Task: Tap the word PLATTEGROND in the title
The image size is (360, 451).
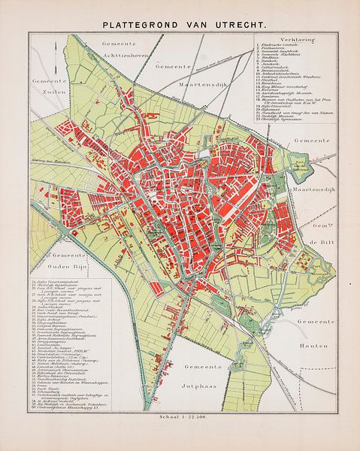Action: click(141, 24)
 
